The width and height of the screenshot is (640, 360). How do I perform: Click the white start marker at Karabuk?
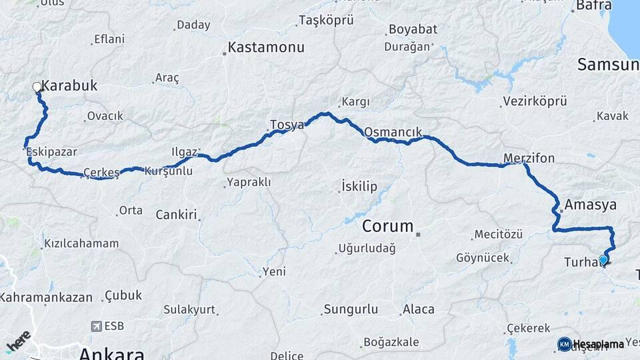pyautogui.click(x=37, y=87)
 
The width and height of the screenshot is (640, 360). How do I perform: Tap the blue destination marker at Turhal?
pyautogui.click(x=603, y=260)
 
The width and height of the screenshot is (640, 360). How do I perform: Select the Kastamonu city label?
pyautogui.click(x=266, y=47)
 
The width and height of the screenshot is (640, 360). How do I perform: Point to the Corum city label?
pyautogui.click(x=388, y=225)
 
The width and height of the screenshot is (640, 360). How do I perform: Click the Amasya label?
pyautogui.click(x=590, y=204)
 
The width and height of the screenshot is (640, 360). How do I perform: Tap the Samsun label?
pyautogui.click(x=607, y=65)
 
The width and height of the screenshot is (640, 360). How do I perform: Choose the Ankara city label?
pyautogui.click(x=112, y=353)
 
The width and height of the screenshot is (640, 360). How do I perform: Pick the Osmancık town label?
pyautogui.click(x=393, y=132)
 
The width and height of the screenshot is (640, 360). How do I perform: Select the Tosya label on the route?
pyautogui.click(x=287, y=125)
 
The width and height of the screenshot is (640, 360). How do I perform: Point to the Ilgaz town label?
pyautogui.click(x=184, y=151)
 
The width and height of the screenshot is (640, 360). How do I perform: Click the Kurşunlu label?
pyautogui.click(x=169, y=171)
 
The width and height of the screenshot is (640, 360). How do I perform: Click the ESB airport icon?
pyautogui.click(x=97, y=327)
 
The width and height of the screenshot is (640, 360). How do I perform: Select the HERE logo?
pyautogui.click(x=18, y=341)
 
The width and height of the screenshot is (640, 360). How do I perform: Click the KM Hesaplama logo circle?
pyautogui.click(x=564, y=344)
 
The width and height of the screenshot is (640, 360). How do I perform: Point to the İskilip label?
pyautogui.click(x=360, y=185)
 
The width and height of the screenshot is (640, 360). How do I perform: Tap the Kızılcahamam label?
pyautogui.click(x=81, y=243)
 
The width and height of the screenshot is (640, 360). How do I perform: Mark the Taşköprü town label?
pyautogui.click(x=326, y=20)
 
